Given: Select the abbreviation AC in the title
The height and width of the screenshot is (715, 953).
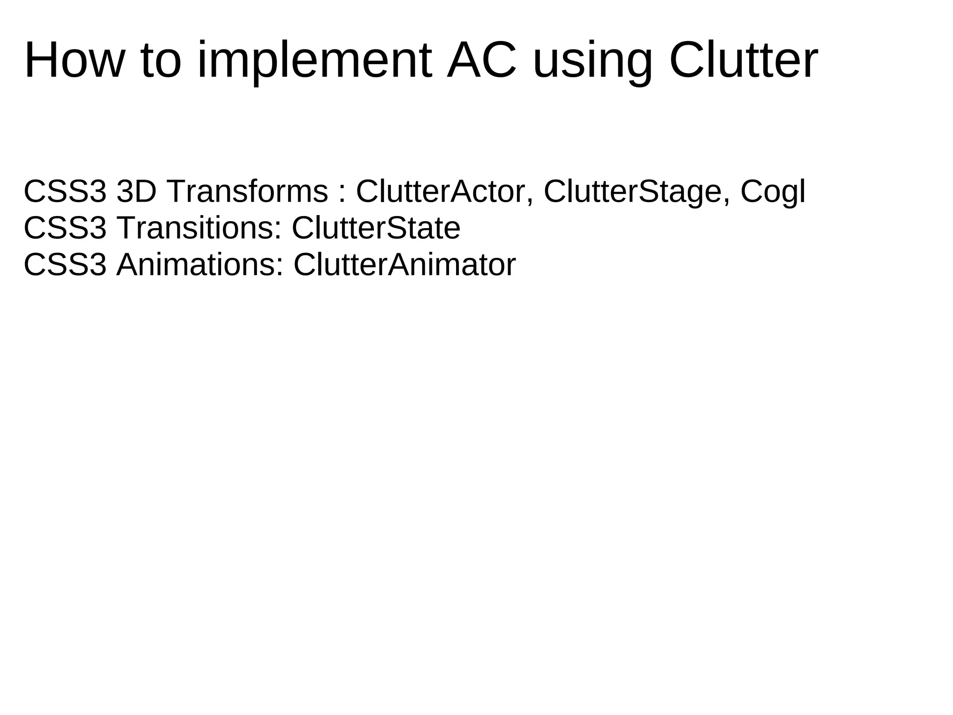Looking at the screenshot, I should point(481,61).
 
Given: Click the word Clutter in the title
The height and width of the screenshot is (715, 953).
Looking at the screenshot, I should point(743,61).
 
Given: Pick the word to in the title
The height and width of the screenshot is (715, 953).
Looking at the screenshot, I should point(160,61).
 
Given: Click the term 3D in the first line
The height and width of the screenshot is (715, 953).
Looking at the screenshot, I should point(136,191).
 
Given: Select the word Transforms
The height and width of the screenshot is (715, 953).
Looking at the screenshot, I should point(247,191).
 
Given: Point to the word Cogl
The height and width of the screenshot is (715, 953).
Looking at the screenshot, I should point(773,191).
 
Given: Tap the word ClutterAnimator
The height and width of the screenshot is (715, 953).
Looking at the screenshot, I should point(404,265).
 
